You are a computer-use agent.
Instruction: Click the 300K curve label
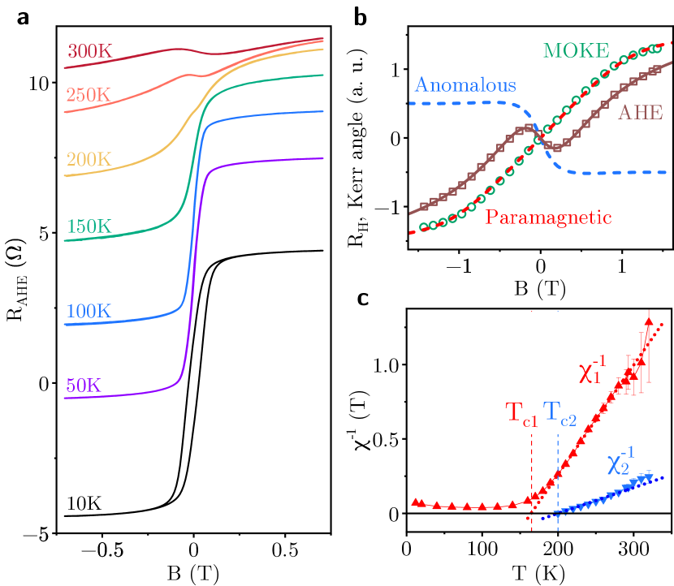[89, 51]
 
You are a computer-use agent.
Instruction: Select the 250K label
[89, 95]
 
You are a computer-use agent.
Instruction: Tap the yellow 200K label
[89, 159]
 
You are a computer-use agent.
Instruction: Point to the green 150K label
[89, 226]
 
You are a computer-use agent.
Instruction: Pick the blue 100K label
[89, 311]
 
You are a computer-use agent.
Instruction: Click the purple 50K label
[84, 386]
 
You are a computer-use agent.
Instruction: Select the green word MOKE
[576, 50]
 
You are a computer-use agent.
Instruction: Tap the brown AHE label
[641, 113]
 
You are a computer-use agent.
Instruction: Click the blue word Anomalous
[464, 85]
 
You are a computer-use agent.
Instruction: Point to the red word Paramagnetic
[548, 218]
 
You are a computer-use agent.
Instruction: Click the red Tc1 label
[522, 413]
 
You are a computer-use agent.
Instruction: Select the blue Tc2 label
[559, 413]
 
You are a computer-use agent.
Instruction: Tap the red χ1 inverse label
[593, 370]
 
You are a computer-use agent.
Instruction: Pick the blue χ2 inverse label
[620, 463]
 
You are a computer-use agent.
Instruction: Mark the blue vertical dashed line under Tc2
[558, 487]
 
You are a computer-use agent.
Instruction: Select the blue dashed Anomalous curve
[455, 103]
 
